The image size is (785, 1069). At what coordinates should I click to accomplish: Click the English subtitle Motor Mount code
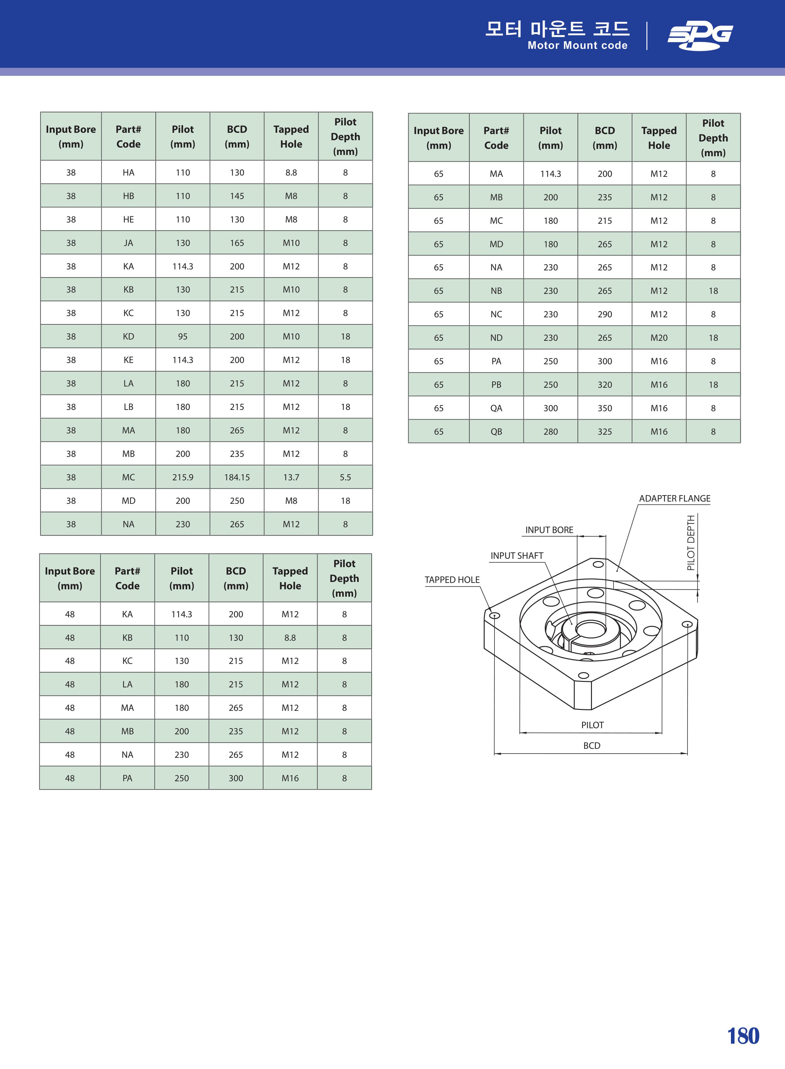pos(577,46)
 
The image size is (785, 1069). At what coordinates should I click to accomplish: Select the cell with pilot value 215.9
pos(183,477)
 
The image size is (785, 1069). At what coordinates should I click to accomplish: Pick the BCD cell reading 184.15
pos(237,477)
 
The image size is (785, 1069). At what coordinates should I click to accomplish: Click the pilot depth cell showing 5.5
pos(346,477)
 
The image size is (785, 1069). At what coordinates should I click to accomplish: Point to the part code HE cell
pos(128,219)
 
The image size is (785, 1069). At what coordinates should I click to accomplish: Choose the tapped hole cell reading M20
pos(659,338)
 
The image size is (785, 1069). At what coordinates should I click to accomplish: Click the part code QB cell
pos(496,432)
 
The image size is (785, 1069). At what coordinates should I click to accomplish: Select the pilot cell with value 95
pos(183,337)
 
